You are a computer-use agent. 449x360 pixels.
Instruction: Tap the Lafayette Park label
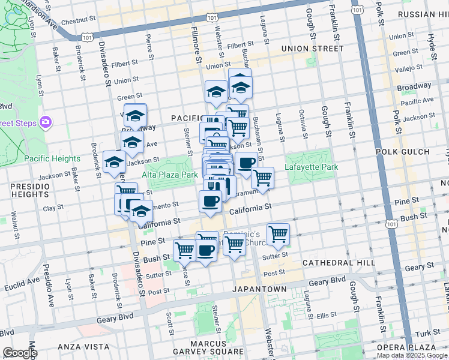(312, 167)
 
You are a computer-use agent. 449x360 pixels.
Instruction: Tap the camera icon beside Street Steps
(46, 123)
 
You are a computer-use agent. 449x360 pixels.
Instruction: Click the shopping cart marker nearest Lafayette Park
(262, 178)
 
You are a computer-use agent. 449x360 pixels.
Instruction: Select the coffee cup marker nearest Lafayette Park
(246, 163)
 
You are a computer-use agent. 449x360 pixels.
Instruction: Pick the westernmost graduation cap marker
(114, 162)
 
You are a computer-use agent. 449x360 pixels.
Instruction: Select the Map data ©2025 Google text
(411, 355)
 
